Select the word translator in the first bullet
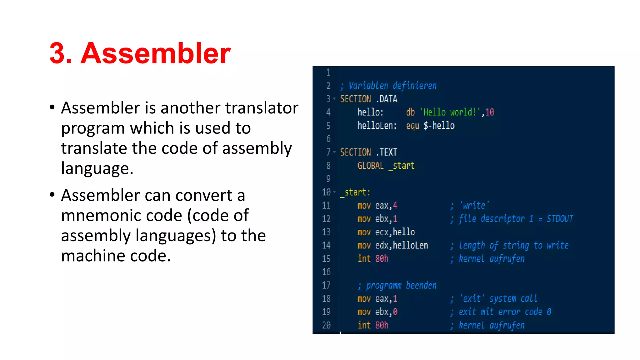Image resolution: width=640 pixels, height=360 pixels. pyautogui.click(x=262, y=108)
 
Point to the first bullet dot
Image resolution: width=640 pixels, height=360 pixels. pyautogui.click(x=52, y=107)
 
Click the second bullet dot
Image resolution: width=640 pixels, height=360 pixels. pyautogui.click(x=52, y=195)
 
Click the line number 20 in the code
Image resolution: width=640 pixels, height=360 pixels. pyautogui.click(x=326, y=325)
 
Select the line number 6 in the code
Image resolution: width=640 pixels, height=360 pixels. pyautogui.click(x=328, y=139)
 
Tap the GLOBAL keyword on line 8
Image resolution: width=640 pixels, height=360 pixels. pyautogui.click(x=370, y=166)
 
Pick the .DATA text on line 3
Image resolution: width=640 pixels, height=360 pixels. pyautogui.click(x=387, y=99)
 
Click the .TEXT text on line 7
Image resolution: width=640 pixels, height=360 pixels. pyautogui.click(x=387, y=152)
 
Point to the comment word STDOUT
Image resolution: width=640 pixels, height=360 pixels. pyautogui.click(x=560, y=219)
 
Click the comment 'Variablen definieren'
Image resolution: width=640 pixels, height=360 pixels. pyautogui.click(x=392, y=86)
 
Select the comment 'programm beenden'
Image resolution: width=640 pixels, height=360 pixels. pyautogui.click(x=401, y=285)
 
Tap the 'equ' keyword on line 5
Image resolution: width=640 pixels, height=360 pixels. pyautogui.click(x=412, y=126)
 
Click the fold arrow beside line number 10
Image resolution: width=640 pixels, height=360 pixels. pyautogui.click(x=334, y=192)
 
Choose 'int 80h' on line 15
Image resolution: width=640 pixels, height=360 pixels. pyautogui.click(x=373, y=259)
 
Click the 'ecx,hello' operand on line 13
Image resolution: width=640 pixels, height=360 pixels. pyautogui.click(x=395, y=232)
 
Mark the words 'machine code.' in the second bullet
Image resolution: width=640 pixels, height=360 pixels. pyautogui.click(x=116, y=256)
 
